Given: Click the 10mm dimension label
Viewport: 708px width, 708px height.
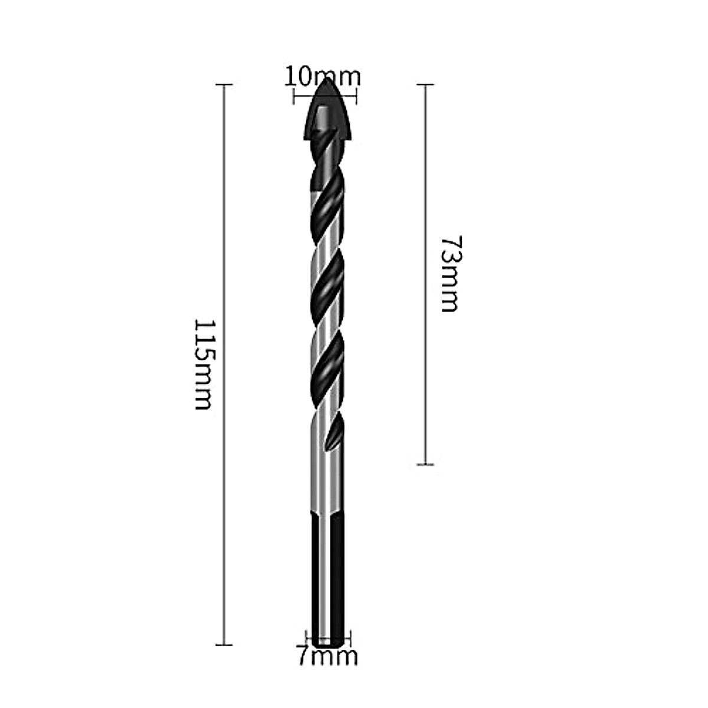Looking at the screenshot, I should [x=322, y=77].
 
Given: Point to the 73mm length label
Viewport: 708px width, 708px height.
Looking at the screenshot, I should [x=450, y=274].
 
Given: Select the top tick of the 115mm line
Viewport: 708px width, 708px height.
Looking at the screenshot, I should [x=224, y=85].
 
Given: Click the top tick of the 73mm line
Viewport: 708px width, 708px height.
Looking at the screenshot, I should [x=421, y=85].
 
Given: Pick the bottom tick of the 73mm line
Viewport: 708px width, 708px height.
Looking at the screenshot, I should [x=421, y=464].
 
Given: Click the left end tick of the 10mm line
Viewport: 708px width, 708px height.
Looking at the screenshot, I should [x=294, y=96].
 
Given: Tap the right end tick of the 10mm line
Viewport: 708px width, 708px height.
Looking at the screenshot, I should [x=357, y=96].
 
